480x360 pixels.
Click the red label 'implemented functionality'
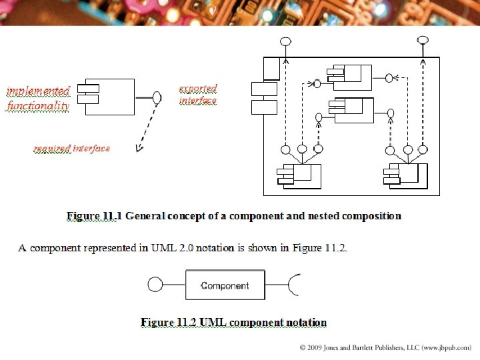tap(38, 98)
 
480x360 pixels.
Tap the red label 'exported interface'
tap(198, 95)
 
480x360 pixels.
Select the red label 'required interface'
tap(72, 148)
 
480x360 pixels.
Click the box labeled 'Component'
tap(225, 285)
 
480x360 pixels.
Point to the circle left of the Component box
tap(155, 285)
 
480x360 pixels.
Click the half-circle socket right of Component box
tap(294, 285)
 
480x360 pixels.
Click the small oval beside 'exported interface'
tap(157, 97)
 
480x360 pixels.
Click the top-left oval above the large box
tap(285, 41)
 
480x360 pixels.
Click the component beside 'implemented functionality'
tap(107, 97)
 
